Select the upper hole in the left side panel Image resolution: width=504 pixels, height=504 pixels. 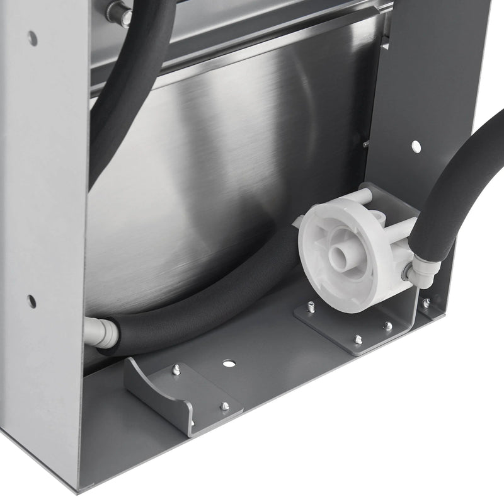pyautogui.click(x=32, y=38)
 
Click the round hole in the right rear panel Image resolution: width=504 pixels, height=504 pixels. pyautogui.click(x=416, y=146)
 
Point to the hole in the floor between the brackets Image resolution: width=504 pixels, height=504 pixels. pyautogui.click(x=229, y=364)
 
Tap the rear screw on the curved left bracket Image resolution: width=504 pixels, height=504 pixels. pyautogui.click(x=176, y=370)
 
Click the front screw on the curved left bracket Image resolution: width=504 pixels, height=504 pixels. pyautogui.click(x=224, y=406)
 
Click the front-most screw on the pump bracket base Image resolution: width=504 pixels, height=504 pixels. pyautogui.click(x=358, y=340)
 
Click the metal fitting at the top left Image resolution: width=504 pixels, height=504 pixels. pyautogui.click(x=118, y=13)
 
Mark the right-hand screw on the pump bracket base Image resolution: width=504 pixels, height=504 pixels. pyautogui.click(x=388, y=326)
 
